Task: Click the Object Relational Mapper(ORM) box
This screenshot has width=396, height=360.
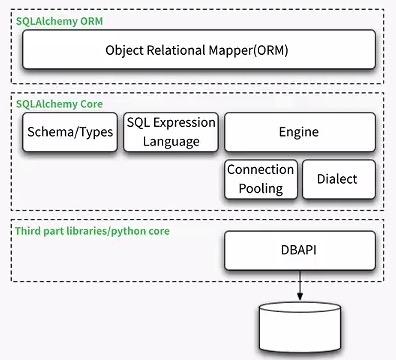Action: tap(199, 49)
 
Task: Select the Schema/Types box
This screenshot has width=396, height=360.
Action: tap(68, 131)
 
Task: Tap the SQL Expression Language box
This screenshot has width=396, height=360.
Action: tap(170, 131)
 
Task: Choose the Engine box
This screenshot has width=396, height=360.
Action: tap(299, 131)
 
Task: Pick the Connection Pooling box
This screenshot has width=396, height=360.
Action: tap(260, 179)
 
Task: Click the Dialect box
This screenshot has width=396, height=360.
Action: tap(339, 179)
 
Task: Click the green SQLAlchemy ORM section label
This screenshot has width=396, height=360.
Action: tap(59, 21)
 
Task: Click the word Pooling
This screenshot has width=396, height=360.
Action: tap(260, 188)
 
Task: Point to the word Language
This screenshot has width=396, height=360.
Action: tap(170, 141)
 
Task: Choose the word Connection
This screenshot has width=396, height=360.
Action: tap(260, 170)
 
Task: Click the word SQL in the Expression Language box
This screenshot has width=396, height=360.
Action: tap(141, 122)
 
